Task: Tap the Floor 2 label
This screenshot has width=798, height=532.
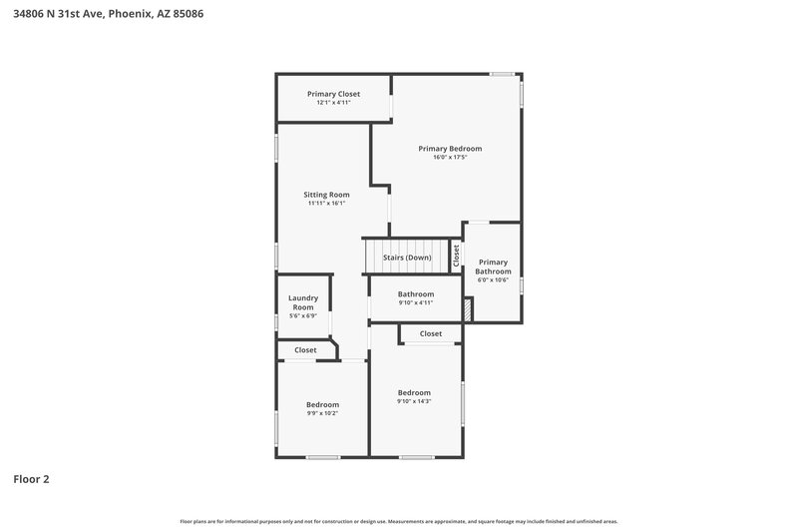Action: (31, 479)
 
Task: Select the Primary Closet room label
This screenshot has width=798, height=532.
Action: (333, 94)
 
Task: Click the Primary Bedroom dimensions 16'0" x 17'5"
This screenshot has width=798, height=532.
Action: (450, 157)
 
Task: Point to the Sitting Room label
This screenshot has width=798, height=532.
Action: (326, 195)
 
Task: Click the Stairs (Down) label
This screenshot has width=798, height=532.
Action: (407, 258)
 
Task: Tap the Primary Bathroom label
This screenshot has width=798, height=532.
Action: (493, 266)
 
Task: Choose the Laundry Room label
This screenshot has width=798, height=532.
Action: (302, 302)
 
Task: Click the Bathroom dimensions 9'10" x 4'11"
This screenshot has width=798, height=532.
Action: (416, 302)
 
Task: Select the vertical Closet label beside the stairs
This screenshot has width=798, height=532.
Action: (457, 255)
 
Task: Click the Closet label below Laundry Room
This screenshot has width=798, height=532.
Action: (305, 350)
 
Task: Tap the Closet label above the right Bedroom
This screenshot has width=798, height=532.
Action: (431, 333)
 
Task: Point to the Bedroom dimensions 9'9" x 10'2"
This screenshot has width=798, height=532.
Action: (322, 412)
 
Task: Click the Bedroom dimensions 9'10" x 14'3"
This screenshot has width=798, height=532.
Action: (414, 401)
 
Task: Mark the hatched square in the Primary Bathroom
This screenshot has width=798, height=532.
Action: (468, 309)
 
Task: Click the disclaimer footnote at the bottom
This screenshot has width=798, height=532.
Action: (399, 521)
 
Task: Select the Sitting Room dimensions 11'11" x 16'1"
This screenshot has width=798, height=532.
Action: (326, 204)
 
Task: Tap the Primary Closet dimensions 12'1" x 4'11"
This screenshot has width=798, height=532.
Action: (333, 102)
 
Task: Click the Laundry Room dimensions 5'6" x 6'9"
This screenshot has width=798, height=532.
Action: (302, 316)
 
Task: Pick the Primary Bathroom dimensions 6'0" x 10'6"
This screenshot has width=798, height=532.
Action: (493, 280)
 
